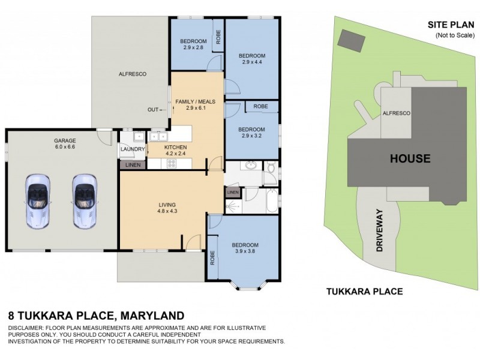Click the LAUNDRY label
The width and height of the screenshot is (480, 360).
tap(132, 149)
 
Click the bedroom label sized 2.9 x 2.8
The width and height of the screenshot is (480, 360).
tap(193, 44)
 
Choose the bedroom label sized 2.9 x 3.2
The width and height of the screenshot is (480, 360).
tap(251, 133)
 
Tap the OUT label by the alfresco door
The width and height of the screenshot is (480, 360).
tap(154, 110)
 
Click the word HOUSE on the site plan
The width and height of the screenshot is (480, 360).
tap(410, 159)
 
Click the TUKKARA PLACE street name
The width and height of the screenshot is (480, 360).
tap(364, 292)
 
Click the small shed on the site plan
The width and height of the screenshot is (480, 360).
tap(351, 40)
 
